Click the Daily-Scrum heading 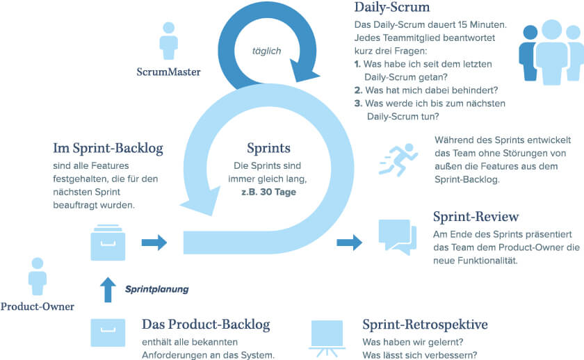point(392,9)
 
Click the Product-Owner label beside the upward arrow point(38,306)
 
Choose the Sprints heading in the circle point(268,148)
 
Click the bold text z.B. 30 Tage point(268,191)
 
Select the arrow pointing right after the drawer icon point(154,242)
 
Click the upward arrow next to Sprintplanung point(107,289)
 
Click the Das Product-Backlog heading point(206,325)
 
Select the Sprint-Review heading point(476,218)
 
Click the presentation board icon point(327,335)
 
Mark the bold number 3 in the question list point(357,104)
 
